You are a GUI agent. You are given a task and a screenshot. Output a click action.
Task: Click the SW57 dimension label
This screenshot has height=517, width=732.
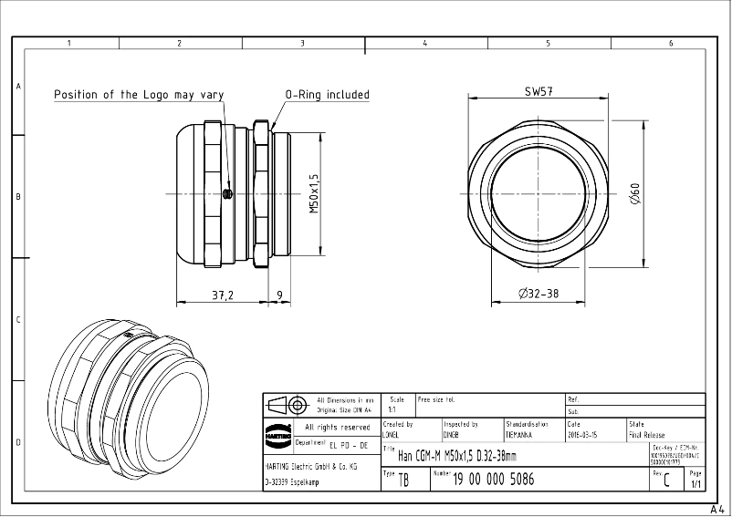pyautogui.click(x=540, y=91)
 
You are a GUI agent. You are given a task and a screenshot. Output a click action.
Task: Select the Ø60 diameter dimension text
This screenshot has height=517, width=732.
pyautogui.click(x=634, y=194)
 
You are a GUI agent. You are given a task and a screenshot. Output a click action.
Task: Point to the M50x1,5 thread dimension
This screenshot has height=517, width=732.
pyautogui.click(x=313, y=193)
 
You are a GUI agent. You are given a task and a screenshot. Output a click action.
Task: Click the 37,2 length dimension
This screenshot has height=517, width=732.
pyautogui.click(x=223, y=295)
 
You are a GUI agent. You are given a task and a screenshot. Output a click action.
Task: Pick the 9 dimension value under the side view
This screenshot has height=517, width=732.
pyautogui.click(x=278, y=295)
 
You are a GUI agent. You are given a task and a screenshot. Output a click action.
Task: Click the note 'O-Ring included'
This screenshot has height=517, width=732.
pyautogui.click(x=327, y=94)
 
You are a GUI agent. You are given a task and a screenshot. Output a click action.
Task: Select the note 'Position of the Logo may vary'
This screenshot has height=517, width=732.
pyautogui.click(x=139, y=94)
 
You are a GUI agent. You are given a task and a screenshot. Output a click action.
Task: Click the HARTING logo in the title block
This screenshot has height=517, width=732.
pyautogui.click(x=277, y=433)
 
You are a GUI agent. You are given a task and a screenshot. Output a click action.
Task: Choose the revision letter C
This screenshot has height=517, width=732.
pyautogui.click(x=667, y=481)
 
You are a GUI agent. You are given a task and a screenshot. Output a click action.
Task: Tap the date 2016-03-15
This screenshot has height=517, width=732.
pyautogui.click(x=583, y=436)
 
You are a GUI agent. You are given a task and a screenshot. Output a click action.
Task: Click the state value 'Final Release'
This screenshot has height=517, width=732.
pyautogui.click(x=646, y=436)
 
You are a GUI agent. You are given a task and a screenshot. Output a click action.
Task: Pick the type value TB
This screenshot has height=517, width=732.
pyautogui.click(x=403, y=481)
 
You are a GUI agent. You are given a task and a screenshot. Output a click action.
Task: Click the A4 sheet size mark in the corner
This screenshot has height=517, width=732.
pyautogui.click(x=716, y=509)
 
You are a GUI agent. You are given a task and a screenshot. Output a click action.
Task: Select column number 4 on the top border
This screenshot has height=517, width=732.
pyautogui.click(x=425, y=43)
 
